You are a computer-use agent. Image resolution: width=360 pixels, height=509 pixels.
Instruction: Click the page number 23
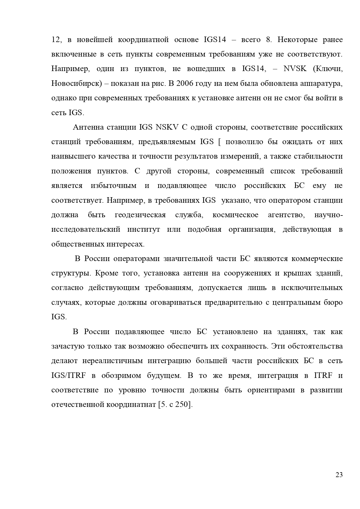(x=339, y=475)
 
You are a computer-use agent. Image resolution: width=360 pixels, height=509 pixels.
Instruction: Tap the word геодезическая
(x=140, y=215)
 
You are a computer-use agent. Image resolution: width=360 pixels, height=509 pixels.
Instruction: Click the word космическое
(x=235, y=215)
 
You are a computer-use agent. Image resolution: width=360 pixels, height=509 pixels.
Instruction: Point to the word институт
(x=143, y=229)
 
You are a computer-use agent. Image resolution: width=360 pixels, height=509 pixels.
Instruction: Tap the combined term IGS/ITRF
(x=68, y=376)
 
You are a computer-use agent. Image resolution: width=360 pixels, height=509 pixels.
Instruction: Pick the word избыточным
(x=113, y=186)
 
